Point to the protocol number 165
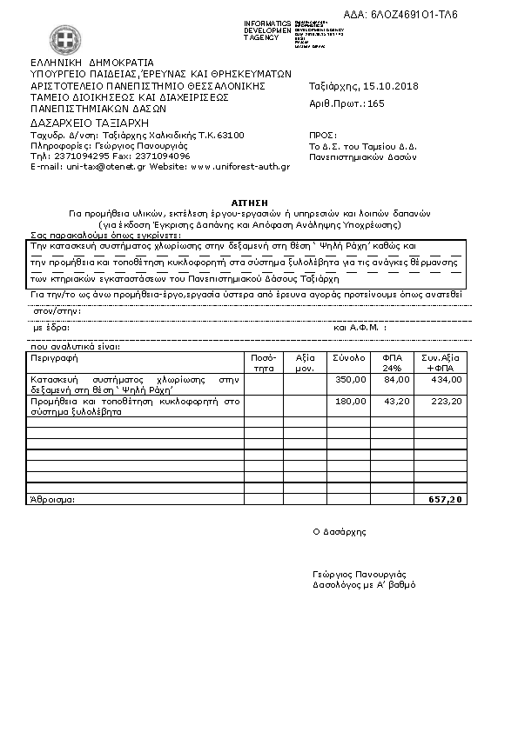(376, 103)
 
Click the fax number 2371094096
(164, 156)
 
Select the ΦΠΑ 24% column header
(393, 363)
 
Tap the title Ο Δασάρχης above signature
(340, 531)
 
